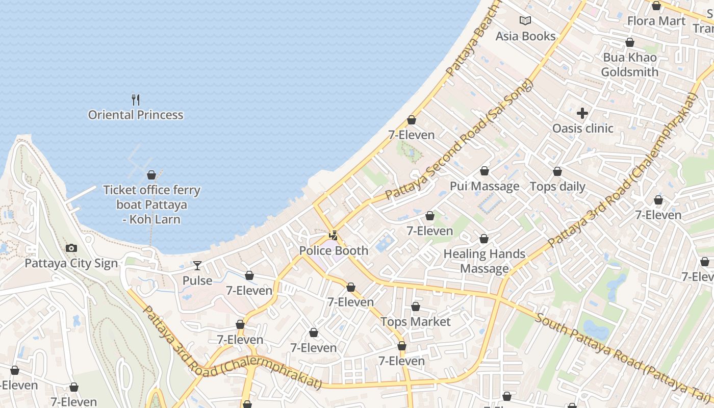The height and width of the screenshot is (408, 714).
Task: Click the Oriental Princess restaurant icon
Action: point(136,99)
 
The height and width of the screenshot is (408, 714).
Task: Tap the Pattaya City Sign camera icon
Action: point(71,248)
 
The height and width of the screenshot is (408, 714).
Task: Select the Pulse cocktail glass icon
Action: point(197,266)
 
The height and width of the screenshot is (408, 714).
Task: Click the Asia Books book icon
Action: point(525,21)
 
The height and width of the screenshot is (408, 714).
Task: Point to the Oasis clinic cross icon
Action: point(582,113)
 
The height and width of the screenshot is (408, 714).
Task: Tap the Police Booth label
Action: point(334,250)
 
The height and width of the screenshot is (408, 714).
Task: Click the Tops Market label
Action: point(416,322)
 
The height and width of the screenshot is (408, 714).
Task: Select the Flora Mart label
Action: point(656,21)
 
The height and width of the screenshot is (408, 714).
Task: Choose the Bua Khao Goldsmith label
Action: point(630,65)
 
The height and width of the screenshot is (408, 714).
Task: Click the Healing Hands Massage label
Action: point(484,261)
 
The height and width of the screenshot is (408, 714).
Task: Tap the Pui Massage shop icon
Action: point(484,171)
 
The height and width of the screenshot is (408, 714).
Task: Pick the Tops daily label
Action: point(557,187)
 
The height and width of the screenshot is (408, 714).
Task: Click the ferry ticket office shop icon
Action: point(151,175)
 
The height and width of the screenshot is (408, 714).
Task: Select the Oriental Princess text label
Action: point(136,115)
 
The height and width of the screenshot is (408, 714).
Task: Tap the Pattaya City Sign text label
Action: point(71,264)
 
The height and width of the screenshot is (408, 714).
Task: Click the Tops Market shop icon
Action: point(416,307)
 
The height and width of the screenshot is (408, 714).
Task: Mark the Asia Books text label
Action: point(525,36)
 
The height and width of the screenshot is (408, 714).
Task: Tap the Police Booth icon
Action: point(334,236)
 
